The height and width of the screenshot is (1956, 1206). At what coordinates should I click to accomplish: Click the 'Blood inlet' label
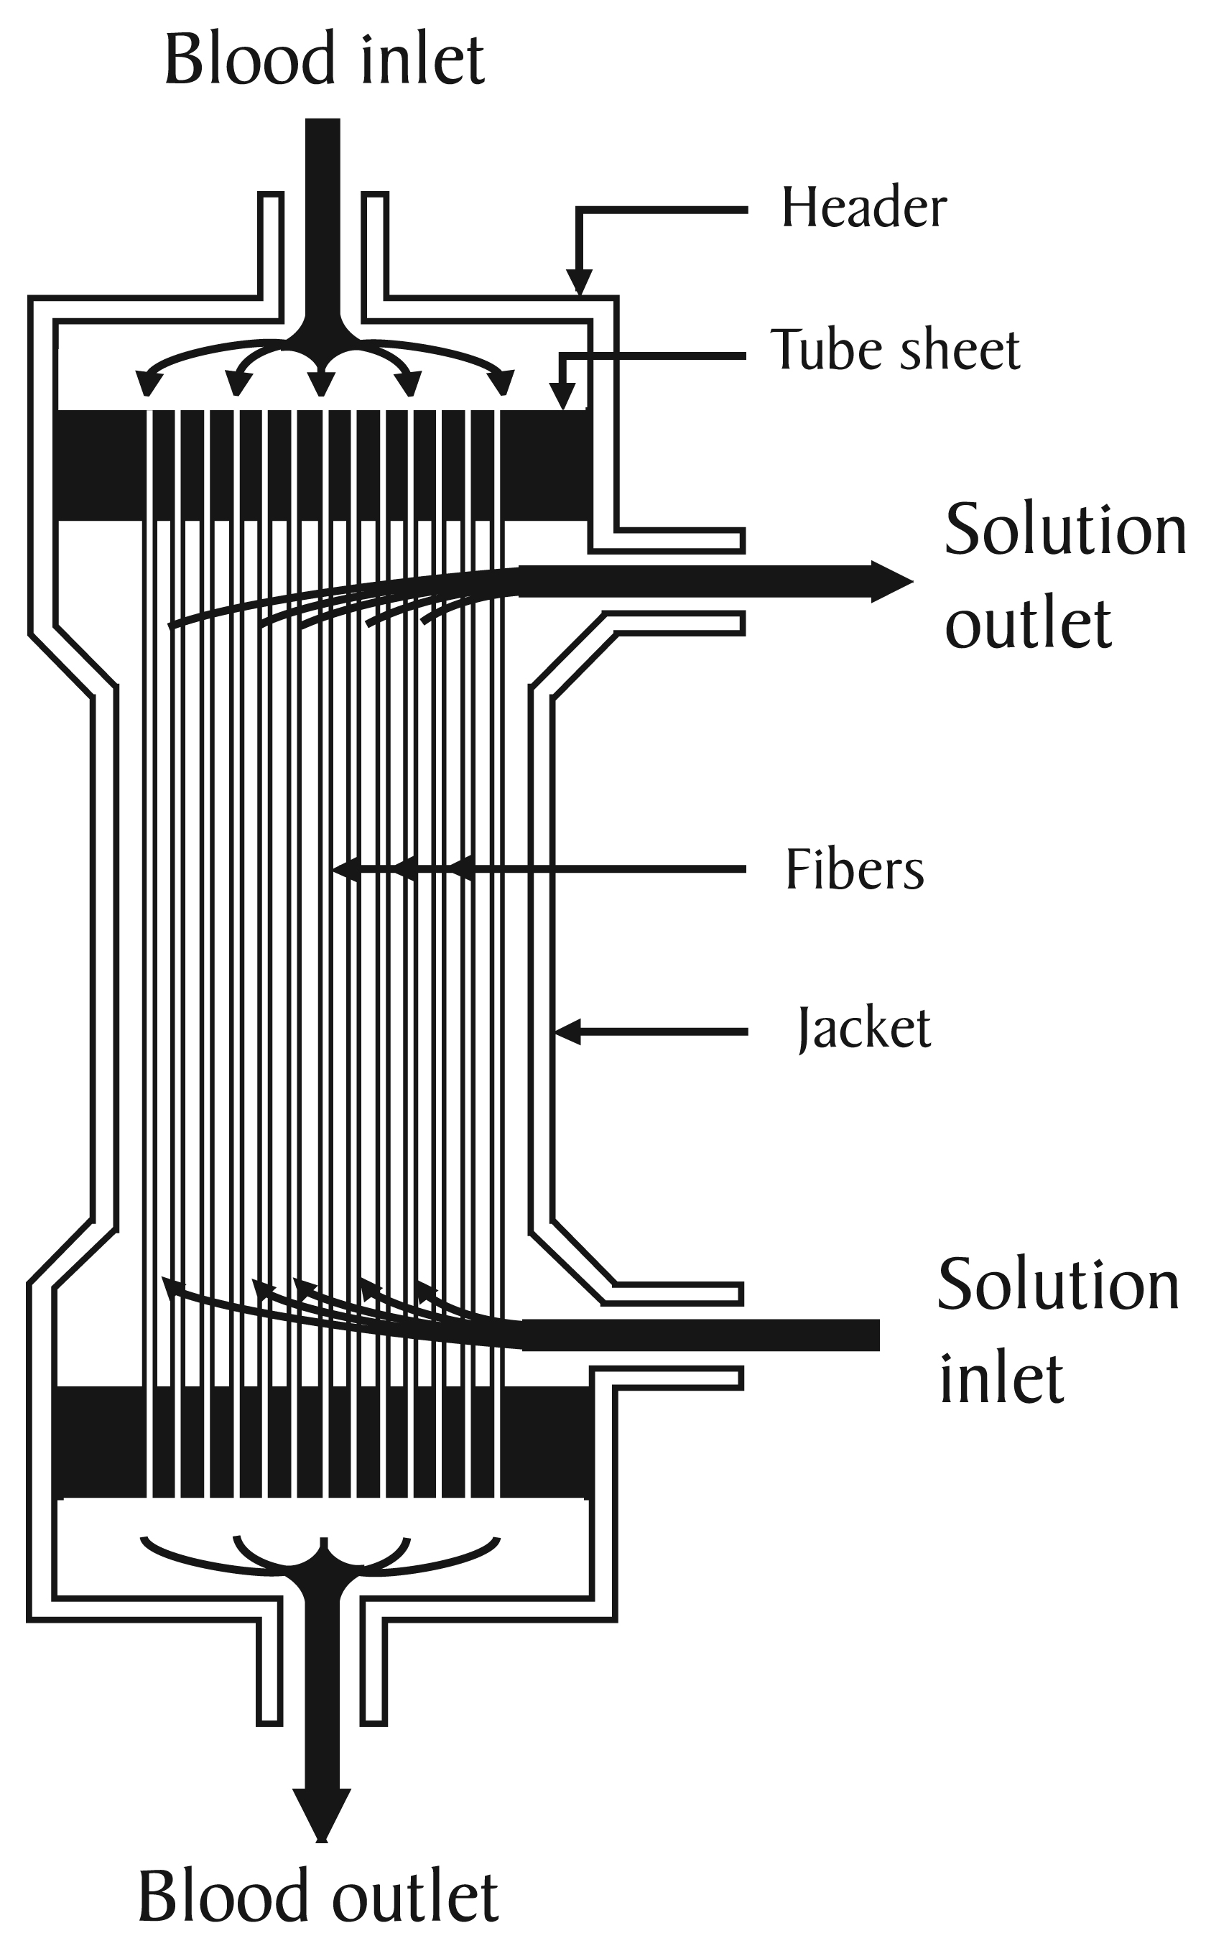click(324, 60)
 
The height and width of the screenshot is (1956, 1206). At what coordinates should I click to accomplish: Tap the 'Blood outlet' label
click(317, 1896)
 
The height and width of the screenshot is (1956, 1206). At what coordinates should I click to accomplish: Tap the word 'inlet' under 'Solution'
click(1001, 1378)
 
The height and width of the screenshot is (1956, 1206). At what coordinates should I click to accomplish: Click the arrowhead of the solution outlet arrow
click(893, 582)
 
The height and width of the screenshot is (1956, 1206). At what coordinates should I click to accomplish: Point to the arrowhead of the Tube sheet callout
click(563, 397)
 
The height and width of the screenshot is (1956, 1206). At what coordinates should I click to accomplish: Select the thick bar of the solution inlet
click(702, 1335)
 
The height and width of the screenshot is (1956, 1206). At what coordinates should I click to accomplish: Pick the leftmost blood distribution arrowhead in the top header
click(145, 384)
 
